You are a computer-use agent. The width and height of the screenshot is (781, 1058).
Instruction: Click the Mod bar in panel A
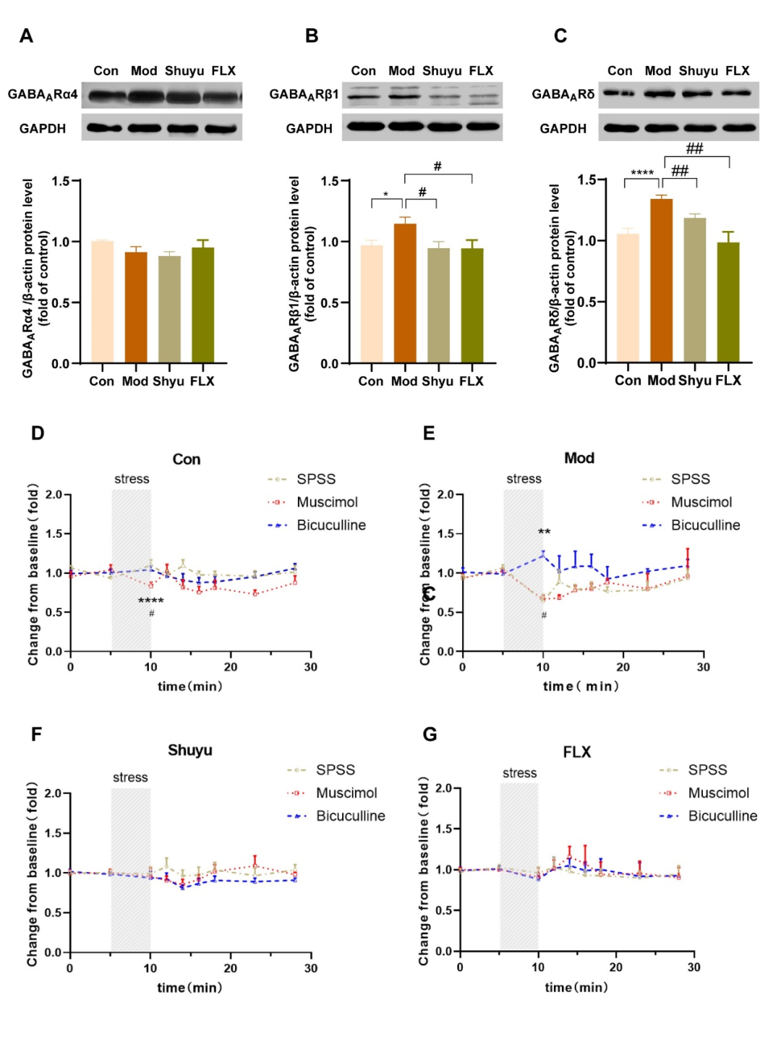click(x=136, y=307)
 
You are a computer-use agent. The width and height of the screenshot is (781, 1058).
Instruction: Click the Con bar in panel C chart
click(x=628, y=297)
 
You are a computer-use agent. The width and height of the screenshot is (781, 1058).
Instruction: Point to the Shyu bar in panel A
click(x=169, y=309)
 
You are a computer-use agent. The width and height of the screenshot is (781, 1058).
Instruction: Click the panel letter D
click(x=38, y=433)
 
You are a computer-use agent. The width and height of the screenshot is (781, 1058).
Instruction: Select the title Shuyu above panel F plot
click(x=190, y=750)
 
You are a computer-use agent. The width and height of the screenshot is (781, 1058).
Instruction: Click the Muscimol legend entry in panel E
click(x=701, y=502)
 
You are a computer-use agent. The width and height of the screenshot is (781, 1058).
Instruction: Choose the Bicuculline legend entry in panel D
click(x=331, y=525)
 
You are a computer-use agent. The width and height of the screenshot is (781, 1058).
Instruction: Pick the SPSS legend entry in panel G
click(x=707, y=770)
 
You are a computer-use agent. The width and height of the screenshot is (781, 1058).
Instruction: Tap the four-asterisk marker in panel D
click(x=150, y=601)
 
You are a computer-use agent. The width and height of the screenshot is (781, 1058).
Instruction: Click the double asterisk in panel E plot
click(x=544, y=533)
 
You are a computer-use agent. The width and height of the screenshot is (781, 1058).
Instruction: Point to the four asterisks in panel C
click(x=642, y=173)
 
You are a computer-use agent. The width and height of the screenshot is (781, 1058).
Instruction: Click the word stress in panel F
click(x=130, y=778)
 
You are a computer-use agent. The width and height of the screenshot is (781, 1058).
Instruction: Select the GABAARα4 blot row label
click(x=43, y=95)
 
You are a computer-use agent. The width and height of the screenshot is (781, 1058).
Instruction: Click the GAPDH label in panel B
click(x=309, y=129)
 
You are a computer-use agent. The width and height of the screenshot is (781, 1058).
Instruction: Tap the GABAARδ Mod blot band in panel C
click(x=659, y=93)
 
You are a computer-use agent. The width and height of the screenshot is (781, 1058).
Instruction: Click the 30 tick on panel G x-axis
click(x=693, y=968)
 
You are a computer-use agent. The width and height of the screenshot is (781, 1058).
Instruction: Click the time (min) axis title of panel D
click(x=189, y=687)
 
